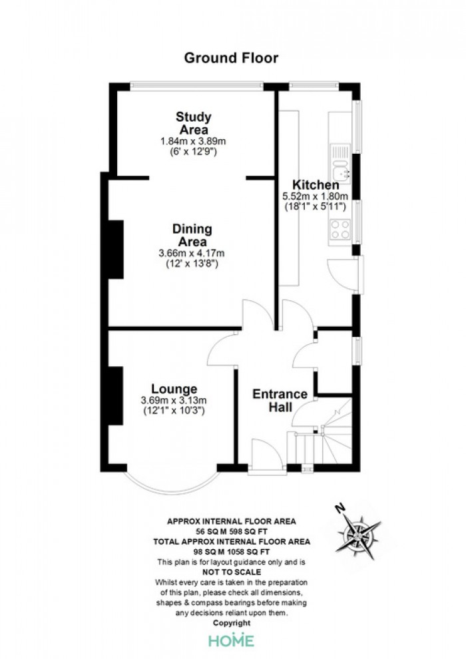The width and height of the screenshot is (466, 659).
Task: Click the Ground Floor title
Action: [231, 58]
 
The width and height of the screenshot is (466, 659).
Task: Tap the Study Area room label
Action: [193, 122]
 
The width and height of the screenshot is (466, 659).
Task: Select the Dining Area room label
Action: [192, 236]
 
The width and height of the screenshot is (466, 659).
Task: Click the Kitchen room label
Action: [316, 184]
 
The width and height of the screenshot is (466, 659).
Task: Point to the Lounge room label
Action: [174, 389]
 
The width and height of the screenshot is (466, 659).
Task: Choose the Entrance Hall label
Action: [280, 400]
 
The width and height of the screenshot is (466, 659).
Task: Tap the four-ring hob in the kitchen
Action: [340, 230]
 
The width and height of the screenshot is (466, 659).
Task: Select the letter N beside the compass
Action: [340, 509]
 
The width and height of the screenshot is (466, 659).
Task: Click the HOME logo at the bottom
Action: [232, 640]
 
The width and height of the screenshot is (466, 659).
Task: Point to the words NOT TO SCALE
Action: [232, 572]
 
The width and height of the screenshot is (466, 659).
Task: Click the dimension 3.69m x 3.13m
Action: [174, 401]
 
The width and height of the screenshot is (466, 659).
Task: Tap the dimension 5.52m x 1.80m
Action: [316, 196]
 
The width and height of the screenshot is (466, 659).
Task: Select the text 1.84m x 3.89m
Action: [193, 141]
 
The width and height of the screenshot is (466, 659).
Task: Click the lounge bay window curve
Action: [172, 490]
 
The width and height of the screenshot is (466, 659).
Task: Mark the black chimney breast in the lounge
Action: [116, 395]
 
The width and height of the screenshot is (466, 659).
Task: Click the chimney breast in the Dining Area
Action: [116, 249]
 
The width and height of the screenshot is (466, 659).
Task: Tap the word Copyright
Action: [232, 623]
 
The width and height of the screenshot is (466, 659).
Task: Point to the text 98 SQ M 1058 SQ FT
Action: [232, 552]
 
